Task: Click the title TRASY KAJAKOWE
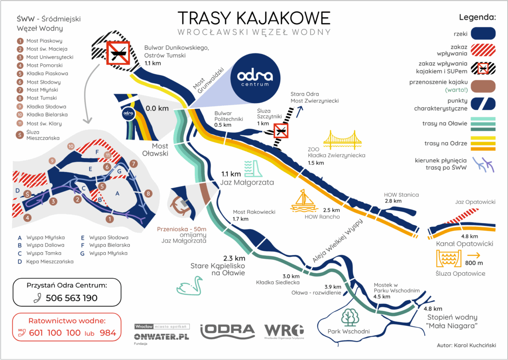(254, 18)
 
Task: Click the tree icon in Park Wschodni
(350, 317)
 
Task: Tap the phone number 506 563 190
(72, 298)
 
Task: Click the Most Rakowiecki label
(254, 212)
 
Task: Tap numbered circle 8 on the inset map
(148, 194)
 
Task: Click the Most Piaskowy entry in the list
(44, 40)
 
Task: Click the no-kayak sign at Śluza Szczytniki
(280, 131)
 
